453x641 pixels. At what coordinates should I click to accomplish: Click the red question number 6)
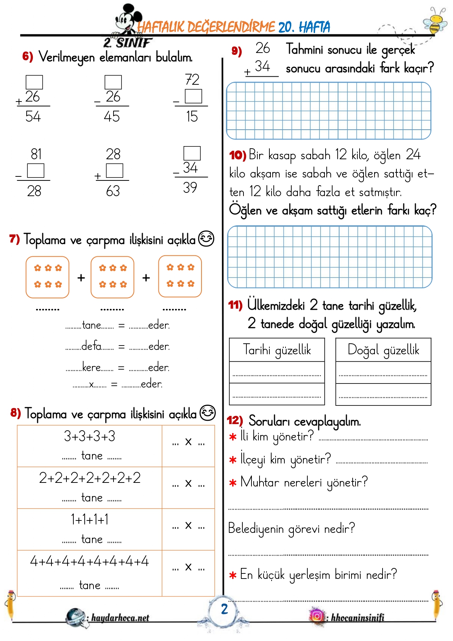coord(27,56)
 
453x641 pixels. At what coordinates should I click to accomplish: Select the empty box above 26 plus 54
coord(34,82)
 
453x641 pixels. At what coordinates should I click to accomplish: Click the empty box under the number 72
coord(193,96)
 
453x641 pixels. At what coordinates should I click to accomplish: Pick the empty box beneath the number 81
coord(36,171)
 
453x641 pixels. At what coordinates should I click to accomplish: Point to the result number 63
coord(113,191)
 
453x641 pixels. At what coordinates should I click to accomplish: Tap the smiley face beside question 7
coord(206,239)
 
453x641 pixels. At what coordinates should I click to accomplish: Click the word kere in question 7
coord(91,367)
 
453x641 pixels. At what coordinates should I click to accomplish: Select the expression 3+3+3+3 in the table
coord(89,436)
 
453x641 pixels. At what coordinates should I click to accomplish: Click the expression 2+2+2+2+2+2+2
coord(90,478)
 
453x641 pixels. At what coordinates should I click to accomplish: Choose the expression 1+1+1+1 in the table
coord(90,519)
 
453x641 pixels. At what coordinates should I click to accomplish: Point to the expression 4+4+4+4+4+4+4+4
coord(89,561)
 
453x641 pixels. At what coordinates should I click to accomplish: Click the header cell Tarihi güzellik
coord(277,350)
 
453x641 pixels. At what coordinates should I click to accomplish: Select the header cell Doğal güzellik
coord(383,350)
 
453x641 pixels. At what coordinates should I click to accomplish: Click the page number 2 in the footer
coord(224,609)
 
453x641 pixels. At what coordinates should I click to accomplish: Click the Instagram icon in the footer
coord(317,616)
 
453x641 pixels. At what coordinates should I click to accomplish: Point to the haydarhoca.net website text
coord(120,618)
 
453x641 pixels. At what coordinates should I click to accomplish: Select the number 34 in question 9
coord(262,66)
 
